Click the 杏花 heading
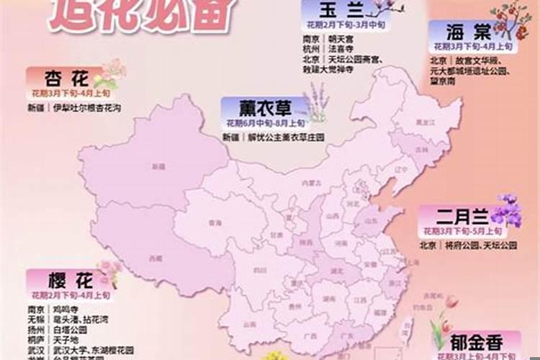click(x=66, y=78)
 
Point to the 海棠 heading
click(x=469, y=32)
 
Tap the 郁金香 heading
click(x=476, y=341)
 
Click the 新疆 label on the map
click(x=158, y=166)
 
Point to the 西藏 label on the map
click(x=155, y=258)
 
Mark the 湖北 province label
click(x=336, y=272)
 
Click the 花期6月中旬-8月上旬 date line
click(x=262, y=123)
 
